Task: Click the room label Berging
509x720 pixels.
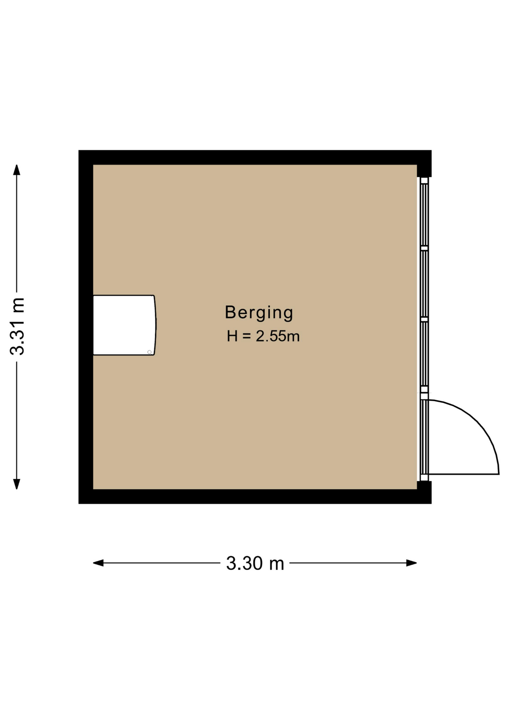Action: [259, 312]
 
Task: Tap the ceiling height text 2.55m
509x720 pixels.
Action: [278, 336]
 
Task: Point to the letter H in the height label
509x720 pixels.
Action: [232, 336]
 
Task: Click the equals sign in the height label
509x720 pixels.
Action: [246, 336]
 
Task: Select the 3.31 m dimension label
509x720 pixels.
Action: [17, 326]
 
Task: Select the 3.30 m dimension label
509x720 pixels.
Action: [255, 563]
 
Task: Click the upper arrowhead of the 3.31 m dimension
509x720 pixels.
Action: [16, 170]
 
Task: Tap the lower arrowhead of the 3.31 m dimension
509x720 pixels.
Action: [16, 484]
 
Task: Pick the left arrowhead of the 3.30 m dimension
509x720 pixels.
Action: [98, 563]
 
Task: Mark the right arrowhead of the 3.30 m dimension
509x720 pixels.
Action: [412, 563]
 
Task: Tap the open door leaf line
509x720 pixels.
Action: [464, 474]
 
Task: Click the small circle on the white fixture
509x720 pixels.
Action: [150, 352]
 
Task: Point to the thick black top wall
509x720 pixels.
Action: [255, 157]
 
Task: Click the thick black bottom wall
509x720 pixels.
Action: [255, 496]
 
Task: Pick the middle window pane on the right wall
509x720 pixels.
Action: [424, 284]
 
